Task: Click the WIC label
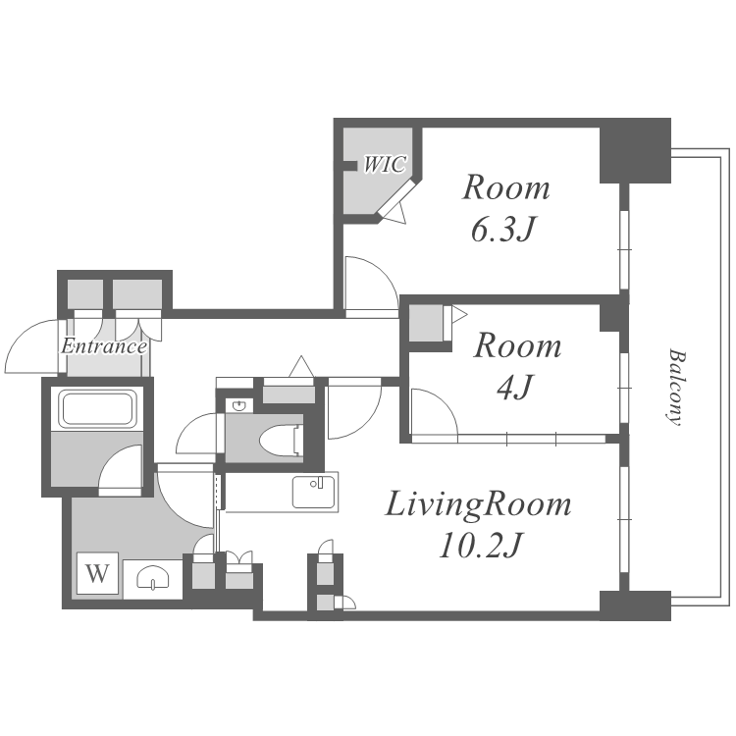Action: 385,164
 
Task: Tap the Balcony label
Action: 675,387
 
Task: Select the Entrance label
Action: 104,346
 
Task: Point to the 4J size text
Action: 515,388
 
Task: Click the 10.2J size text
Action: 480,546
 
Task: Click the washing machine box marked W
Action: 97,574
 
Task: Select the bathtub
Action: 97,409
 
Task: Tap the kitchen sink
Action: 314,492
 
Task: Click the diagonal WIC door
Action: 397,197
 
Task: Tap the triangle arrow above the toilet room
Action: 301,367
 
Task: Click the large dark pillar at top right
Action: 636,151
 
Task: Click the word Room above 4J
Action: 517,346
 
